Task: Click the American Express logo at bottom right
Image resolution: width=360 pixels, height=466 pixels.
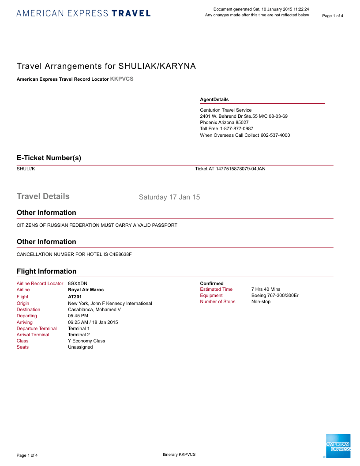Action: pos(337,446)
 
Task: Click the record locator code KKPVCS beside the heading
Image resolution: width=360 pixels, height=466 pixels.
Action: pos(121,79)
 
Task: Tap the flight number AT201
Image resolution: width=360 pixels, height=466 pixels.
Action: pos(75,297)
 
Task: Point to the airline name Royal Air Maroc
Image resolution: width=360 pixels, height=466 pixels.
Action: pos(86,290)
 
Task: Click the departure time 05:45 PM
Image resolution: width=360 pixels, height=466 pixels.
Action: pos(77,316)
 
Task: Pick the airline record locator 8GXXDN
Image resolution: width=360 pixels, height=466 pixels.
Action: pos(78,283)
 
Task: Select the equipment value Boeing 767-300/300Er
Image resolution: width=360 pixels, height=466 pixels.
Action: pos(275,295)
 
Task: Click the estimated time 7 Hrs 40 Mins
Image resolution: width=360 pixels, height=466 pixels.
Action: pos(266,289)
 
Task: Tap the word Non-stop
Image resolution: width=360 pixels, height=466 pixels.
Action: pos(261,302)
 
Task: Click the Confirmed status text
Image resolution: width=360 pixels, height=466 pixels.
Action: pos(212,283)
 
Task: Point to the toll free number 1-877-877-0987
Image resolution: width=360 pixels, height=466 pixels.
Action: pos(236,128)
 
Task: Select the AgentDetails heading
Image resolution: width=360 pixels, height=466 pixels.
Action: pos(214,100)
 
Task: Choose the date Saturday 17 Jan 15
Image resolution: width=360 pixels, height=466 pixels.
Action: pos(169,197)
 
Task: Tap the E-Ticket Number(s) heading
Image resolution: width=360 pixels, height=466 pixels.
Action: pos(49,158)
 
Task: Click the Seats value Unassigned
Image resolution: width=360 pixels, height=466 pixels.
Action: pos(80,347)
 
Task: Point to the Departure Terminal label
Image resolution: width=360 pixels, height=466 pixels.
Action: pos(37,328)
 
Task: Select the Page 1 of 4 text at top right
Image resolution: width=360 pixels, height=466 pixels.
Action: pos(333,16)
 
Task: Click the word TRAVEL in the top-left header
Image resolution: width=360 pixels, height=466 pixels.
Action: pos(131,13)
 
